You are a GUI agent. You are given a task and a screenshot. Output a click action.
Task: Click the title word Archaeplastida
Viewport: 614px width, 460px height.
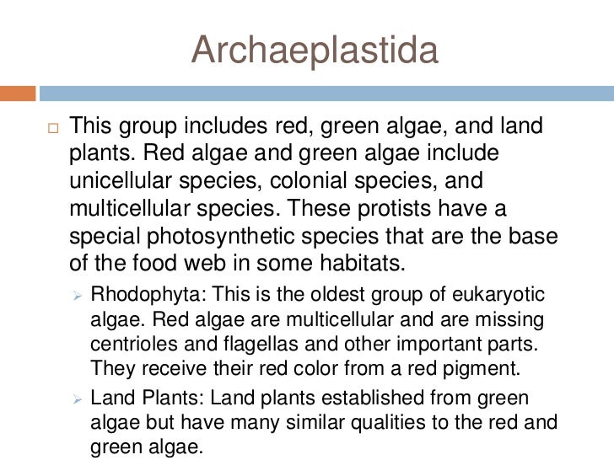tap(315, 51)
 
